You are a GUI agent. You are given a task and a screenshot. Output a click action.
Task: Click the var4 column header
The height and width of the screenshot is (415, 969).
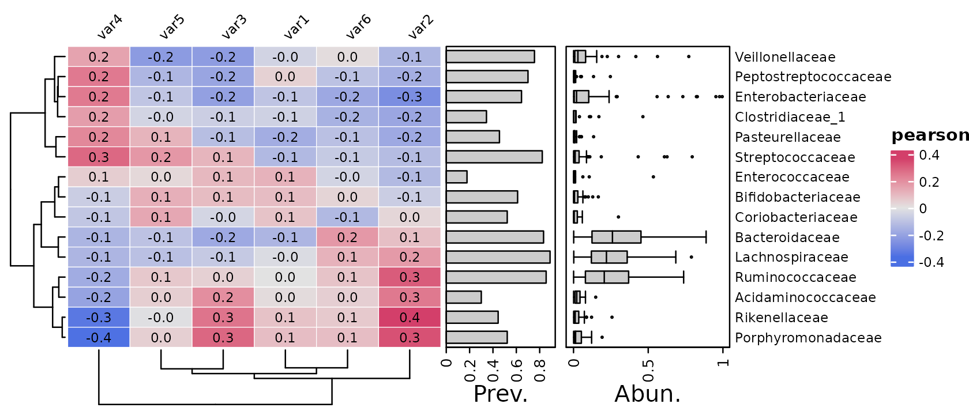click(110, 27)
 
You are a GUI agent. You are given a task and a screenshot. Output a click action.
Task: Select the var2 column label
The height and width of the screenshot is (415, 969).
click(420, 27)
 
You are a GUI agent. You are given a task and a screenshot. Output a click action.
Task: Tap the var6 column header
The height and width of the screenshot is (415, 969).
click(358, 27)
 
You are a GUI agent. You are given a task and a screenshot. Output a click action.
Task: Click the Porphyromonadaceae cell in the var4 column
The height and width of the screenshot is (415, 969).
click(99, 338)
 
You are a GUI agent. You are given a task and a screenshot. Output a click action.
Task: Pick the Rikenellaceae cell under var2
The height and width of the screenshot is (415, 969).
click(410, 317)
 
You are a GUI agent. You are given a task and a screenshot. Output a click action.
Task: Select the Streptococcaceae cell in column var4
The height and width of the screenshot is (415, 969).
click(99, 157)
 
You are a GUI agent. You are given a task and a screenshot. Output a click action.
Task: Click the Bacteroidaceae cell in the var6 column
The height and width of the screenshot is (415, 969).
click(347, 237)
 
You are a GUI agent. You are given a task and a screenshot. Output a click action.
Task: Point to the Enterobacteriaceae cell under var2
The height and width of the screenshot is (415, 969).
click(410, 96)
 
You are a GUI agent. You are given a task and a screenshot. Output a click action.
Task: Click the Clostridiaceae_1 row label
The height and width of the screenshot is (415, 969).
click(790, 117)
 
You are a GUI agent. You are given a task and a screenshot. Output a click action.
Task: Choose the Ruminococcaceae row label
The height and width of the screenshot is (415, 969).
click(795, 277)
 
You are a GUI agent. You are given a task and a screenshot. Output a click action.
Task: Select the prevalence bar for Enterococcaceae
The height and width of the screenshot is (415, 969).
click(457, 177)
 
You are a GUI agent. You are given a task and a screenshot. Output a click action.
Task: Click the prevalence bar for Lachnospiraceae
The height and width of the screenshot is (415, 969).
click(498, 257)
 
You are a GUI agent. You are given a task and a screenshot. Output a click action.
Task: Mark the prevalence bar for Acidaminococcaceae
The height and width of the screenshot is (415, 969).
click(464, 297)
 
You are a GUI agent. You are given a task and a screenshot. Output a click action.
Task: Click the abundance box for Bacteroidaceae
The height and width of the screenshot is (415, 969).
click(617, 237)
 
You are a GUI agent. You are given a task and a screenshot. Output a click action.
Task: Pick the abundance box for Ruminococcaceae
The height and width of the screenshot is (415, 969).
click(607, 277)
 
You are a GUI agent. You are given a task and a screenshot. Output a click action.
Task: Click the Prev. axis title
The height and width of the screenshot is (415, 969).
click(501, 394)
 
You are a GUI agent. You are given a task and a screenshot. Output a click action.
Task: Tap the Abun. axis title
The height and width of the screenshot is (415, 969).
click(648, 394)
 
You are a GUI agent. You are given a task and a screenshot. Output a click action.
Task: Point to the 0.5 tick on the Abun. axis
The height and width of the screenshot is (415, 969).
click(648, 370)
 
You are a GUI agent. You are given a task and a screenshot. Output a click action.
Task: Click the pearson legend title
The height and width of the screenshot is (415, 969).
click(930, 136)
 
